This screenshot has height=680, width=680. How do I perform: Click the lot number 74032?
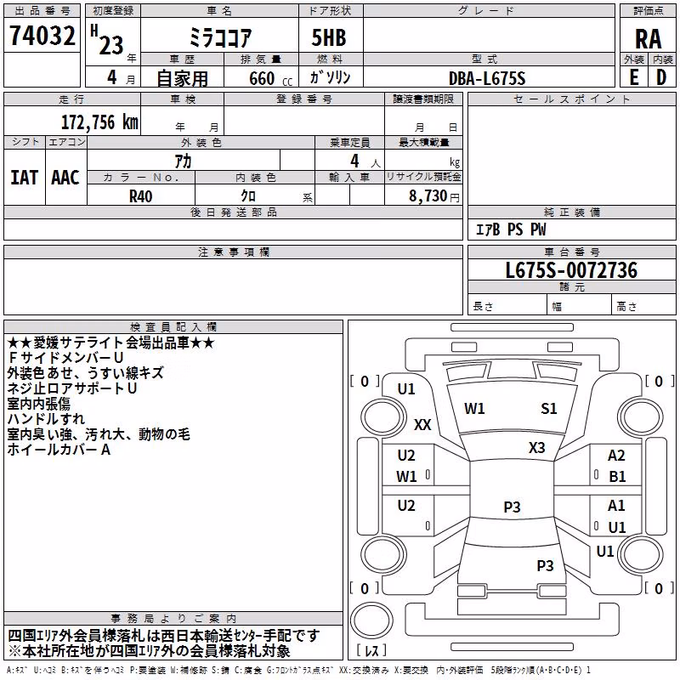click(42, 36)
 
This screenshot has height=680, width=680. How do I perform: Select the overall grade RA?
click(648, 39)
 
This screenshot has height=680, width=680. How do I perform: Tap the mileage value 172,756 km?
click(99, 122)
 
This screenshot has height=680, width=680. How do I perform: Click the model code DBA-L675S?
click(487, 78)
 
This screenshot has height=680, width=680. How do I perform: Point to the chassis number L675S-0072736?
click(571, 270)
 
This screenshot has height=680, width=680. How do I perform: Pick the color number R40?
click(140, 196)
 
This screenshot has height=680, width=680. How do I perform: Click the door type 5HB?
click(329, 37)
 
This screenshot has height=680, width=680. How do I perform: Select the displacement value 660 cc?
click(270, 79)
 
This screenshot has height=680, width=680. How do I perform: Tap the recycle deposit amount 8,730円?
click(434, 196)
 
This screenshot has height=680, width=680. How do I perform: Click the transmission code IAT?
click(25, 178)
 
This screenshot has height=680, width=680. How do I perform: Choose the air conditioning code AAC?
click(65, 178)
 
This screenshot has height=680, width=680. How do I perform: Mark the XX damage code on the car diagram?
click(422, 424)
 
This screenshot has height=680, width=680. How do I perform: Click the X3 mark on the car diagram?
click(536, 448)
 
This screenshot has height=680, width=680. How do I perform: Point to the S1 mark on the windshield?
click(548, 409)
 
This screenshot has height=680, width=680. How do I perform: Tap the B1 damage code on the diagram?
click(617, 477)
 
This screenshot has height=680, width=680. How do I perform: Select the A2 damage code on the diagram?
click(616, 456)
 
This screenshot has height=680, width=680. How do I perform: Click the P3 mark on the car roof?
click(512, 507)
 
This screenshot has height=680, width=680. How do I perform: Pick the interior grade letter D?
click(661, 77)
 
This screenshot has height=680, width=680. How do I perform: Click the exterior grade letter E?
click(634, 77)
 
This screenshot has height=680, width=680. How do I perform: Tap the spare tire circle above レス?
click(371, 620)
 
